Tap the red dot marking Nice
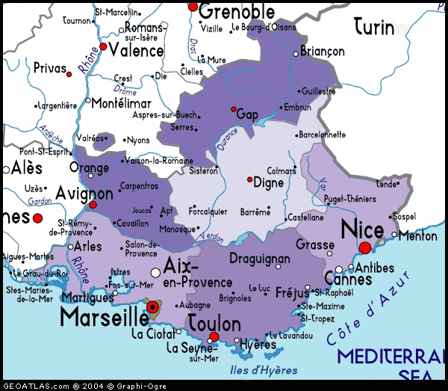(x=365, y=247)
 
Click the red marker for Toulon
(x=214, y=337)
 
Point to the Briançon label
(x=322, y=52)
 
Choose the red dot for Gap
(x=234, y=108)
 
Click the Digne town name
(x=269, y=182)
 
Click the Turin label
(x=374, y=28)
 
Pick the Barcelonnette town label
(x=322, y=135)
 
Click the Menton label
(x=418, y=235)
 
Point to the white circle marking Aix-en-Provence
(x=155, y=272)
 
